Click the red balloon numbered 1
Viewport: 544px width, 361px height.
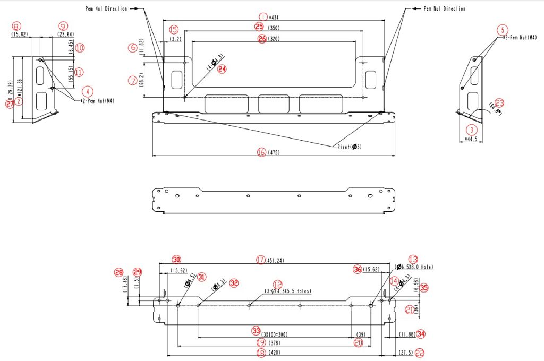(x=261, y=16)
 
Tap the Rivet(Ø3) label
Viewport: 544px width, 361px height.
(x=349, y=147)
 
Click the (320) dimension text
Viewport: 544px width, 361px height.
(x=274, y=39)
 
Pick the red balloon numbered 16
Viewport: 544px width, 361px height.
(x=261, y=152)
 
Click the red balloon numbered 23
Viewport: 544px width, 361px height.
(x=499, y=102)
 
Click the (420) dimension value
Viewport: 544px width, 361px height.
(x=274, y=353)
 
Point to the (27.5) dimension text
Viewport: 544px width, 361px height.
(x=406, y=353)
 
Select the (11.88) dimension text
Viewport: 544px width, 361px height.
(x=406, y=334)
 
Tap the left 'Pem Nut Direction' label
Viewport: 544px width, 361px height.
(x=106, y=9)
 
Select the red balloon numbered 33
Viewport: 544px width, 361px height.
(x=256, y=331)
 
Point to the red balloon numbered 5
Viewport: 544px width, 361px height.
(x=503, y=30)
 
